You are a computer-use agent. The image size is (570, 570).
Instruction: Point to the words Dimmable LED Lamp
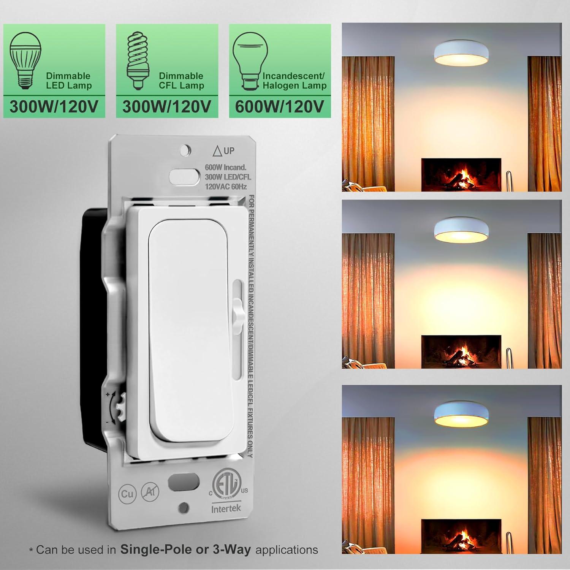click(68, 81)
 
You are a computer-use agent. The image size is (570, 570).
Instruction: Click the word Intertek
click(226, 508)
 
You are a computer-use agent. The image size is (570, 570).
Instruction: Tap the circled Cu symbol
click(127, 494)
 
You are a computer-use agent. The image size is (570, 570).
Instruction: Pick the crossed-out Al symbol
click(150, 492)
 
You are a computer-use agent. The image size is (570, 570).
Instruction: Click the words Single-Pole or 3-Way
click(185, 549)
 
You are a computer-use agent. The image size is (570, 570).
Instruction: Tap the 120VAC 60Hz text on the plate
click(226, 187)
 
